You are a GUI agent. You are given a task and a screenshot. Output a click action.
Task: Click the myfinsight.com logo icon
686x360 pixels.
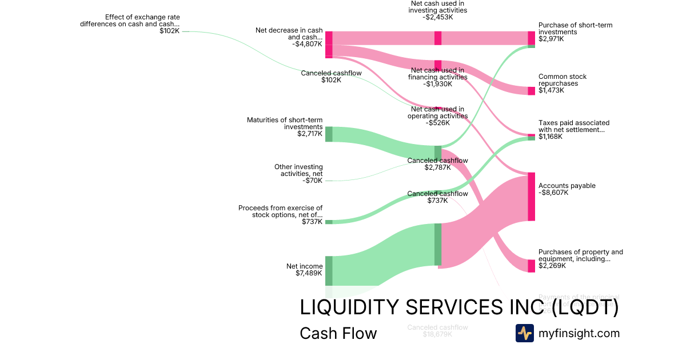pos(525,333)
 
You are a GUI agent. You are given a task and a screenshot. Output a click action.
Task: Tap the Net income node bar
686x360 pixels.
pos(329,270)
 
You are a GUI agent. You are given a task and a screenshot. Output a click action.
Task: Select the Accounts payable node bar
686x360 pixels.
pos(531,196)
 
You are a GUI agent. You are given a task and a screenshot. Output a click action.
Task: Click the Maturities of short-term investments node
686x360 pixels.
pos(329,134)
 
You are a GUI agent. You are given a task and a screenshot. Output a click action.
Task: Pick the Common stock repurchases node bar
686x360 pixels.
pos(531,91)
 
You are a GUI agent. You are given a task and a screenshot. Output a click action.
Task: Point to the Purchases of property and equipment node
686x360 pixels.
pos(531,266)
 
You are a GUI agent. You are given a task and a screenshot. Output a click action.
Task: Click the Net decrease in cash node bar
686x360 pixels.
pos(329,45)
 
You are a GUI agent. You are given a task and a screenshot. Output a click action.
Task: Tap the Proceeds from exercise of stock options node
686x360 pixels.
pos(329,222)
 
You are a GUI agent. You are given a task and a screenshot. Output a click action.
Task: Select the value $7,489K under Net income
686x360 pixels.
pos(309,273)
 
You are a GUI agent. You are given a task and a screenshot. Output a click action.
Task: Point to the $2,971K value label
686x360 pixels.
pos(551,39)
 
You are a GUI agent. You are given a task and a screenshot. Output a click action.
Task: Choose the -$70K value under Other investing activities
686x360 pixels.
pos(313,181)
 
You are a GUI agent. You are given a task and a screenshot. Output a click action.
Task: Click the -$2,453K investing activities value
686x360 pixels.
pos(438,17)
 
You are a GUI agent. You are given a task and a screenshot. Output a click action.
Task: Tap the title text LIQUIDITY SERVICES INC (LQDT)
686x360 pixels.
pos(459,307)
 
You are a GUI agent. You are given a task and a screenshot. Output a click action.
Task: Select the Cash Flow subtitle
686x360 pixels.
pos(338,334)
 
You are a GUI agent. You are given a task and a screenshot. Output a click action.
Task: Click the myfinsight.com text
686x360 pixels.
pos(579,333)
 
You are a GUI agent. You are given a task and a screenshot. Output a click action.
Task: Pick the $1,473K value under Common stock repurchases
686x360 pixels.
pos(551,90)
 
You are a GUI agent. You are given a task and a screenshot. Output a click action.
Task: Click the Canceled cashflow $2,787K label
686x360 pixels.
pos(437,164)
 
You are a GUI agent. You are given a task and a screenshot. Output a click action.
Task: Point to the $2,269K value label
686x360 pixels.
pos(551,266)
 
